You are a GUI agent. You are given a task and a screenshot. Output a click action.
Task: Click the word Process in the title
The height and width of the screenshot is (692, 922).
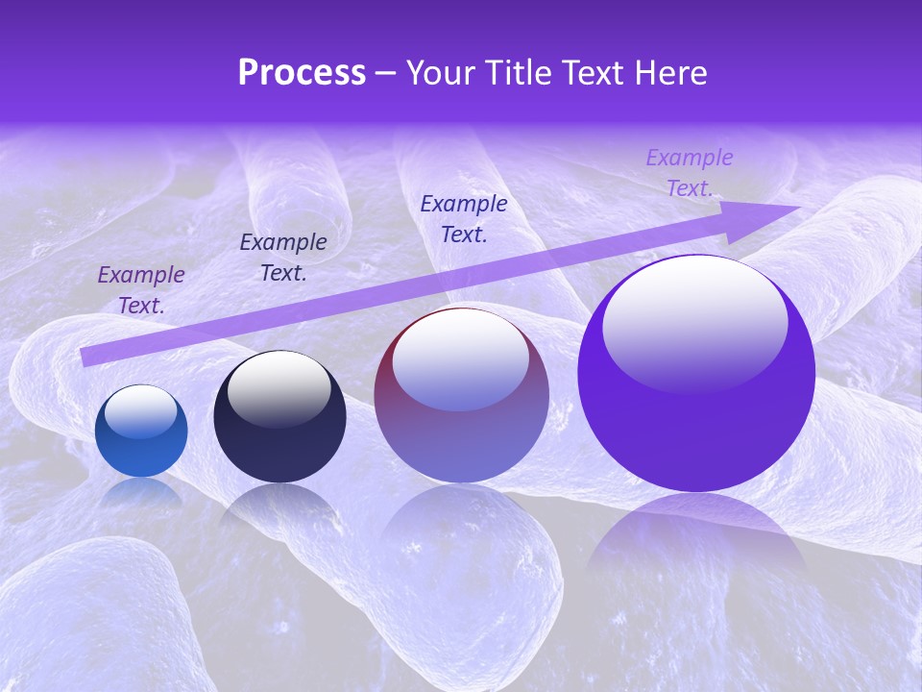[x=302, y=72]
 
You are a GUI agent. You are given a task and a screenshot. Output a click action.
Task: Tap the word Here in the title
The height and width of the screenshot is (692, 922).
[x=671, y=72]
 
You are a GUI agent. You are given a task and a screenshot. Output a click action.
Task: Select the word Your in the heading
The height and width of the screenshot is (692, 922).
[x=439, y=72]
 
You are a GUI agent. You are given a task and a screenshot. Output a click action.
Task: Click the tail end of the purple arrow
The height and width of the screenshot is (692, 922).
[x=88, y=357]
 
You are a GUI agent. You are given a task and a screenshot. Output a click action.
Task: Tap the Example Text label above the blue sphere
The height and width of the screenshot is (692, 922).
[x=141, y=289]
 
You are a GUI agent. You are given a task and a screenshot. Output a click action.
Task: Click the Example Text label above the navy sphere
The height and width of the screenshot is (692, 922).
[x=283, y=257]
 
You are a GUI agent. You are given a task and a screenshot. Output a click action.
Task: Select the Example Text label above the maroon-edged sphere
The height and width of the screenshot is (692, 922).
[x=464, y=218]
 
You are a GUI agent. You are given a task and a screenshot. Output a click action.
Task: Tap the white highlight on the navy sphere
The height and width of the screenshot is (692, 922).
[x=278, y=387]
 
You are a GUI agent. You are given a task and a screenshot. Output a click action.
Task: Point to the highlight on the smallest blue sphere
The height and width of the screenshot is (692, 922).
[x=140, y=411]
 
